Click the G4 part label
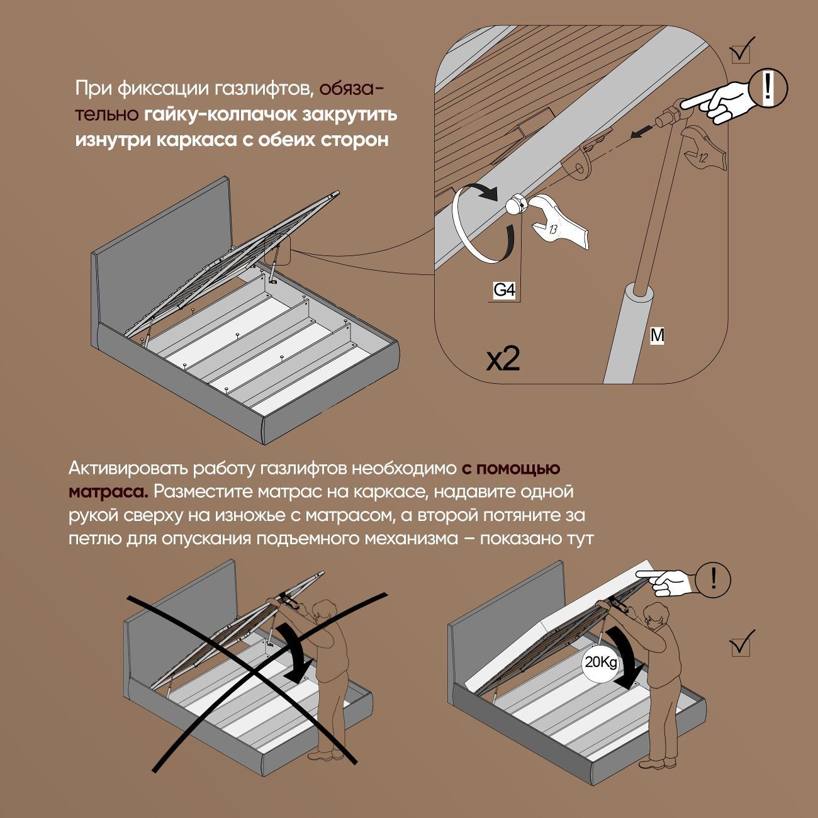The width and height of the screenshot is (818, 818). (504, 290)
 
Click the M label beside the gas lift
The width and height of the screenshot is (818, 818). (657, 335)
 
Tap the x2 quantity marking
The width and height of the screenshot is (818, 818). (503, 359)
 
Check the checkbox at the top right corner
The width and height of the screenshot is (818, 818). (742, 53)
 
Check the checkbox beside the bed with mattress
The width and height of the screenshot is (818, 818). (741, 646)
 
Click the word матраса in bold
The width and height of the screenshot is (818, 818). (108, 490)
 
